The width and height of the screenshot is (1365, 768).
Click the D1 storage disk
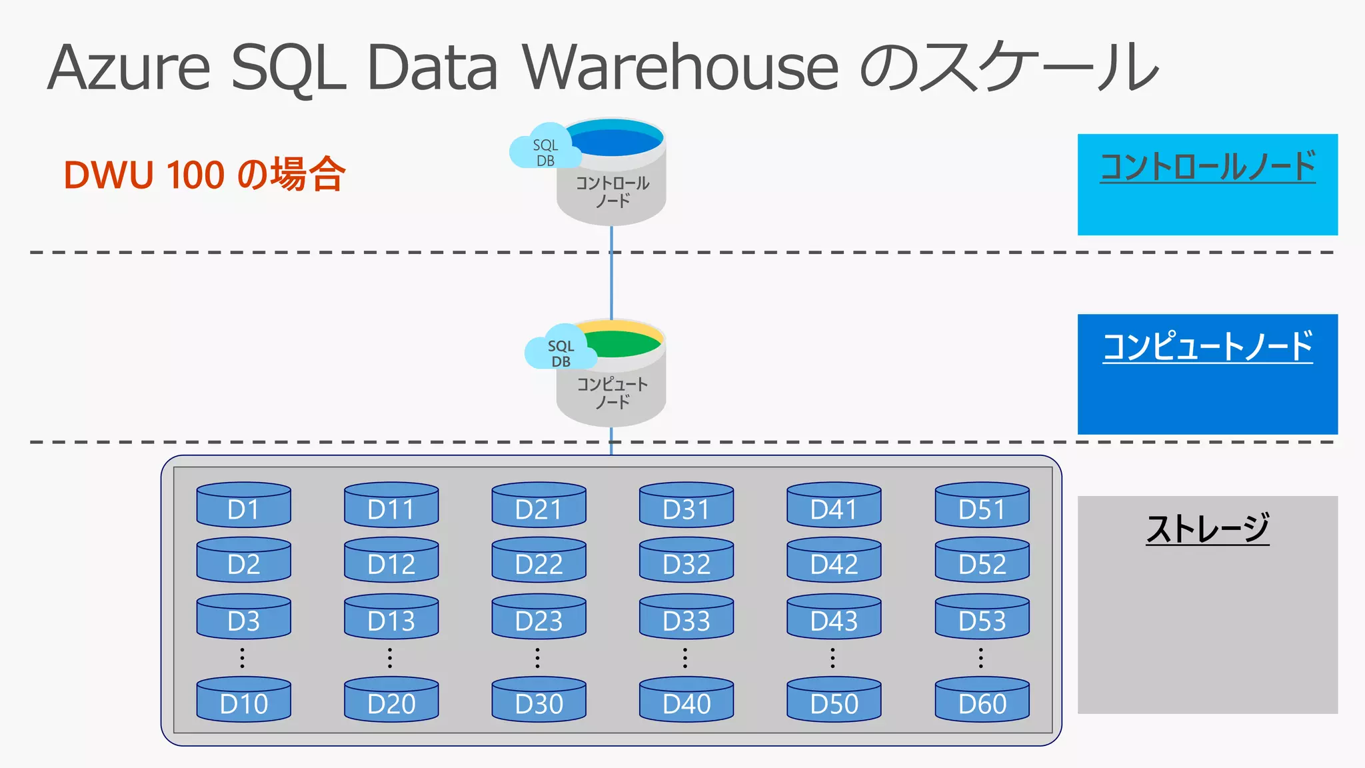pos(243,505)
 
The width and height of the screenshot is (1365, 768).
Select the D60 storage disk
pos(982,700)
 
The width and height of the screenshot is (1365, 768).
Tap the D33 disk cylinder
pos(686,617)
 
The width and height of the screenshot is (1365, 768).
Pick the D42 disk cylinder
pos(834,561)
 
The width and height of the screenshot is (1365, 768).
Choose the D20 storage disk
pos(391,700)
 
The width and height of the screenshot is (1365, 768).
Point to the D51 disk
pos(982,505)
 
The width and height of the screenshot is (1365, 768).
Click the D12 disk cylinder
pos(391,561)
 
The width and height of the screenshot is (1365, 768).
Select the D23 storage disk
pos(539,617)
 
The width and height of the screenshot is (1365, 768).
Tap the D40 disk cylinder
pos(686,700)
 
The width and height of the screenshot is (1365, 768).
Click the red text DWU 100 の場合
pos(205,175)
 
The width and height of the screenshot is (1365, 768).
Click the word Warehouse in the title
pos(680,67)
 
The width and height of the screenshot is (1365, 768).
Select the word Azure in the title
pos(129,67)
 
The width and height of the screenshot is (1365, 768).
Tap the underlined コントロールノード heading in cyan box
pos(1207,167)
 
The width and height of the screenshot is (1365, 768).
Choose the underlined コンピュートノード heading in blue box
pos(1207,347)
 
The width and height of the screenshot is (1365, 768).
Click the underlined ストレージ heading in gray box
pos(1207,529)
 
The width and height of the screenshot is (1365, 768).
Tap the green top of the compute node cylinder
pos(623,344)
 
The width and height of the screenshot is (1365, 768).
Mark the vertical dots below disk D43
pos(832,657)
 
